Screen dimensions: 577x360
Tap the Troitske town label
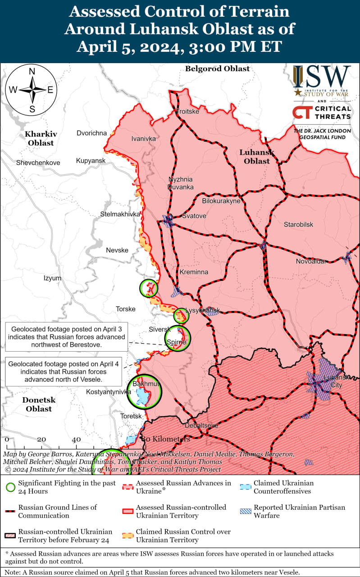[x=187, y=111]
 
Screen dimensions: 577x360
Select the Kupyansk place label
[x=91, y=160]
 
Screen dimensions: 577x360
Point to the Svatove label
[x=194, y=216]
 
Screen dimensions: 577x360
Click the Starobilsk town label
[x=298, y=224]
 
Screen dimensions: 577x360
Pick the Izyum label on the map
[x=52, y=278]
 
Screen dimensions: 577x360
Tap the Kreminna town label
[x=194, y=272]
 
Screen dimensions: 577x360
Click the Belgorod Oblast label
[x=217, y=69]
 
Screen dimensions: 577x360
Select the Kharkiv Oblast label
[x=41, y=138]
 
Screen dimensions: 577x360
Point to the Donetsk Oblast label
[x=39, y=404]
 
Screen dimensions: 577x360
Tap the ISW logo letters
[x=322, y=77]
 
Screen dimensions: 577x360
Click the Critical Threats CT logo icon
[x=301, y=112]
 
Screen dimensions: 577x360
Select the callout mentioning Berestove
[x=66, y=337]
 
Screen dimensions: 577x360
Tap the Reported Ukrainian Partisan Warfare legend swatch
[x=245, y=511]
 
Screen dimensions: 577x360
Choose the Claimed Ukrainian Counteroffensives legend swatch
[x=245, y=487]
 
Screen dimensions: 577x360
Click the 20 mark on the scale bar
[x=41, y=439]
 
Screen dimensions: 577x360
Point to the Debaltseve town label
[x=201, y=425]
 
